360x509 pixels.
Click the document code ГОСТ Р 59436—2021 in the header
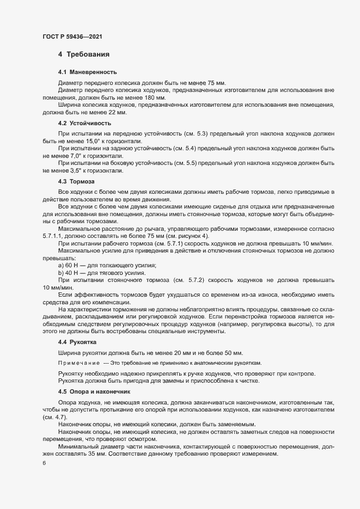coord(72,36)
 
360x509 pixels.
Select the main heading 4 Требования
coord(84,54)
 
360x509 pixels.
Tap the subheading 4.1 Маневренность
coord(87,72)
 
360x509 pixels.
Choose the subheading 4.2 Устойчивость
coord(85,124)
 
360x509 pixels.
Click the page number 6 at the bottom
coord(44,464)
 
